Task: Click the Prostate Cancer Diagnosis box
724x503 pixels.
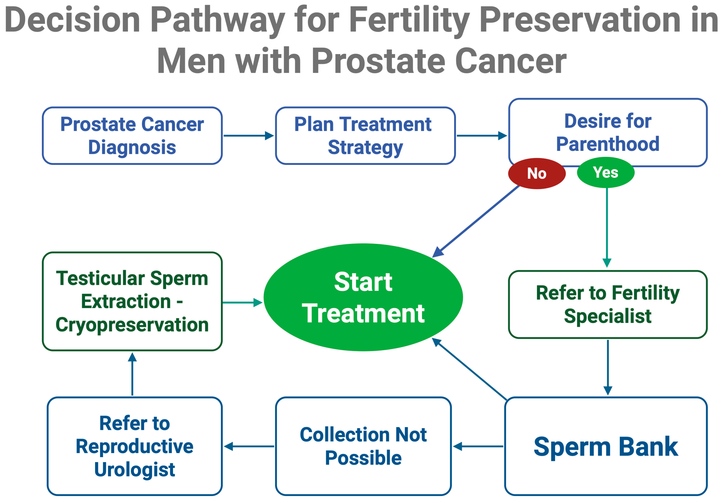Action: [x=132, y=136]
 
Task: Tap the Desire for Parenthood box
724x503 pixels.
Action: [x=608, y=133]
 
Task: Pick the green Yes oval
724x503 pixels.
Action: [x=605, y=173]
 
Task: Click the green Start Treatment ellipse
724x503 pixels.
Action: [x=363, y=297]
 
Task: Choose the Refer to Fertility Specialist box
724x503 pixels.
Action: [x=608, y=304]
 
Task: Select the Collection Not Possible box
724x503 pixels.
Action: [x=363, y=446]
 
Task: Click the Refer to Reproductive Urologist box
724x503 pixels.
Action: [x=135, y=446]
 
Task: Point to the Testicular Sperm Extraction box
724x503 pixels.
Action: [x=132, y=301]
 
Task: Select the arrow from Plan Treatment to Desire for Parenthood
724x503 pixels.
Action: [x=482, y=136]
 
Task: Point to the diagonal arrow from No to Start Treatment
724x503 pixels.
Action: [x=475, y=222]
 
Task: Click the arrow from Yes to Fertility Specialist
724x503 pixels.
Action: [x=607, y=228]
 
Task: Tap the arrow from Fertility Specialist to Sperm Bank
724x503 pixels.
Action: [x=608, y=368]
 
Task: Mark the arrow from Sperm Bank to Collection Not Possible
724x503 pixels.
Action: [x=478, y=446]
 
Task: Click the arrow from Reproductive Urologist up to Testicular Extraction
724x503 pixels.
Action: [x=132, y=374]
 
